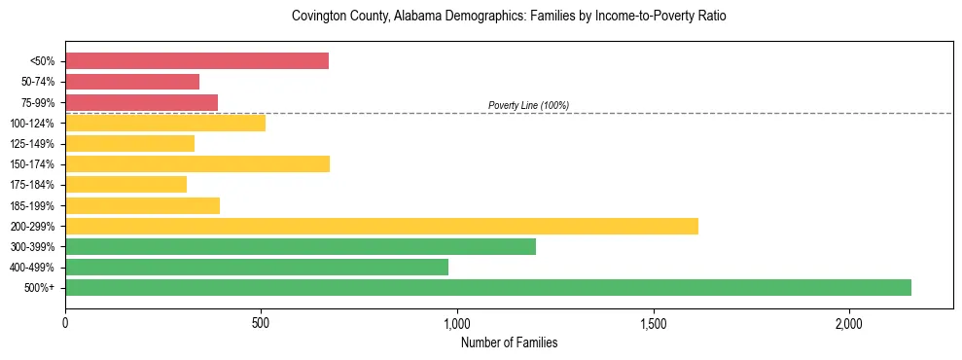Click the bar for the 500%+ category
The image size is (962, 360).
pos(487,287)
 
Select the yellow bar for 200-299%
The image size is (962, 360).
pos(381,226)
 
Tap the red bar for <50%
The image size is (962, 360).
pos(196,61)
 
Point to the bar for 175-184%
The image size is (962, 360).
pos(125,184)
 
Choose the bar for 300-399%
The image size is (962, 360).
pos(301,246)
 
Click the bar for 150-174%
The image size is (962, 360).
pos(197,163)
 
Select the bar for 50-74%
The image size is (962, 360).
pos(132,82)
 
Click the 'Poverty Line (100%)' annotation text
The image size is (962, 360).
pos(528,105)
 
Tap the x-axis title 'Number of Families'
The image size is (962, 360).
pos(509,342)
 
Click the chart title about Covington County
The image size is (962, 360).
pos(509,17)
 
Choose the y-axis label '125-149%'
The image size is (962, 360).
pos(35,143)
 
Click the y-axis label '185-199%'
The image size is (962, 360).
pos(35,205)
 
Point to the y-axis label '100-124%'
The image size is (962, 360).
pos(35,123)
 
